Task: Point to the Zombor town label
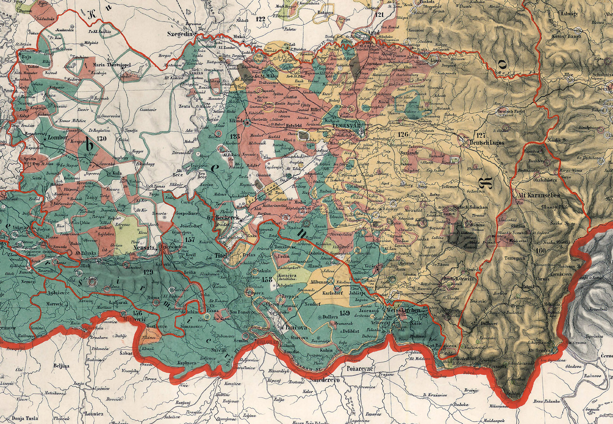point(58,138)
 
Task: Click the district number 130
point(102,139)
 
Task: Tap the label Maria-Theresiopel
point(114,65)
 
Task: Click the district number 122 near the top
point(260,19)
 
